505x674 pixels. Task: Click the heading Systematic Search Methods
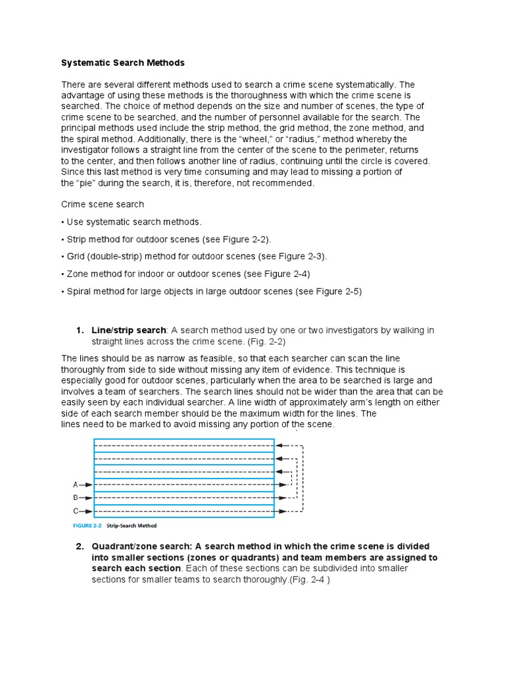click(x=123, y=63)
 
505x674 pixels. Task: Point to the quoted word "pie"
click(x=89, y=183)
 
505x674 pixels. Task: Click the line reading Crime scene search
click(x=103, y=205)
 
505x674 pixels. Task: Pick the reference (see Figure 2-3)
click(x=289, y=256)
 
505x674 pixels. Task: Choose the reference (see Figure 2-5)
click(x=325, y=291)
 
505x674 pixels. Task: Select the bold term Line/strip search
click(x=129, y=330)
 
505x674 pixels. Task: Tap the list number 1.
click(x=80, y=330)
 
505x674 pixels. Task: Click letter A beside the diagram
click(x=76, y=484)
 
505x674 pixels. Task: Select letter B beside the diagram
click(x=76, y=498)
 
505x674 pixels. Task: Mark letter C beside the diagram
click(x=76, y=511)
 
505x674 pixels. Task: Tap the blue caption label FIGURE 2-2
click(x=87, y=526)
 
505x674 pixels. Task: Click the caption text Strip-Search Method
click(x=132, y=526)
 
